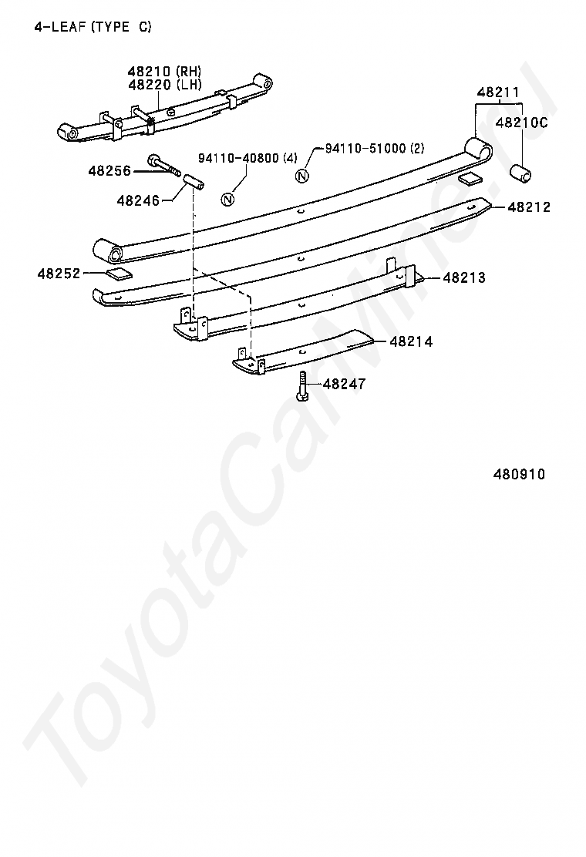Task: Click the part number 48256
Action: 109,170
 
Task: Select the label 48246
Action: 138,200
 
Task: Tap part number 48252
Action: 58,273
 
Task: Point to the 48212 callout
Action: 529,207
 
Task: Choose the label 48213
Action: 464,277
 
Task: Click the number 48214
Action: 411,341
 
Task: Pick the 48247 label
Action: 344,383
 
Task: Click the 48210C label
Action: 521,123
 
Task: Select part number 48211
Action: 498,92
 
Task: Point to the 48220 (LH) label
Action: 165,84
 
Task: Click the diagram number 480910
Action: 519,474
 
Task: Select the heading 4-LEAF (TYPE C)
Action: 93,27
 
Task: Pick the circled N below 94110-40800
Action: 227,199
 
